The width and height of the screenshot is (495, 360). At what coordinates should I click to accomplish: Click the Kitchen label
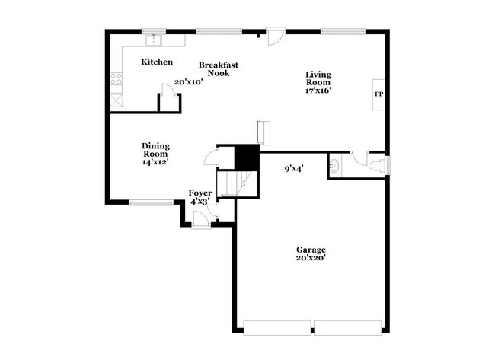(157, 62)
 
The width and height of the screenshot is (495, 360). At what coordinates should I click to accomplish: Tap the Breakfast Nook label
(219, 69)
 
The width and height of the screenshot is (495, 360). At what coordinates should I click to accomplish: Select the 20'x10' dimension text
(188, 81)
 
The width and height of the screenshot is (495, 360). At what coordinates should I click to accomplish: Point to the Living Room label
(318, 78)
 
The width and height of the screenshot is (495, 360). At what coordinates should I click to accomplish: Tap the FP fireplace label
(378, 94)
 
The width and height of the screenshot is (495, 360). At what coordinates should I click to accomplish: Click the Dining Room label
(155, 150)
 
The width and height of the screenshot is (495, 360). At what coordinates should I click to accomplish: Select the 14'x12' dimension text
(155, 162)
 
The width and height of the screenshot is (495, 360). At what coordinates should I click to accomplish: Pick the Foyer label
(200, 193)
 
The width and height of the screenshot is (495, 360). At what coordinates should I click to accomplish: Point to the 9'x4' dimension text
(295, 169)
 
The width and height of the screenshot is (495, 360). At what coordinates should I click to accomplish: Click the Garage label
(311, 250)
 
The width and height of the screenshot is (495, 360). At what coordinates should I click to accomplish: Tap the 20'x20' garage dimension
(311, 259)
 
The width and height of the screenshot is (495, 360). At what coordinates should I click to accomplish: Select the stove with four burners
(117, 78)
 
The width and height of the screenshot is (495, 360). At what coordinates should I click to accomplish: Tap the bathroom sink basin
(336, 164)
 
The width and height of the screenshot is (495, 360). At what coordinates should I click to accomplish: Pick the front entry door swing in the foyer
(201, 220)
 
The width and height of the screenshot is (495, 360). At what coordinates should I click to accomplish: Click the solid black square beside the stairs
(247, 157)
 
